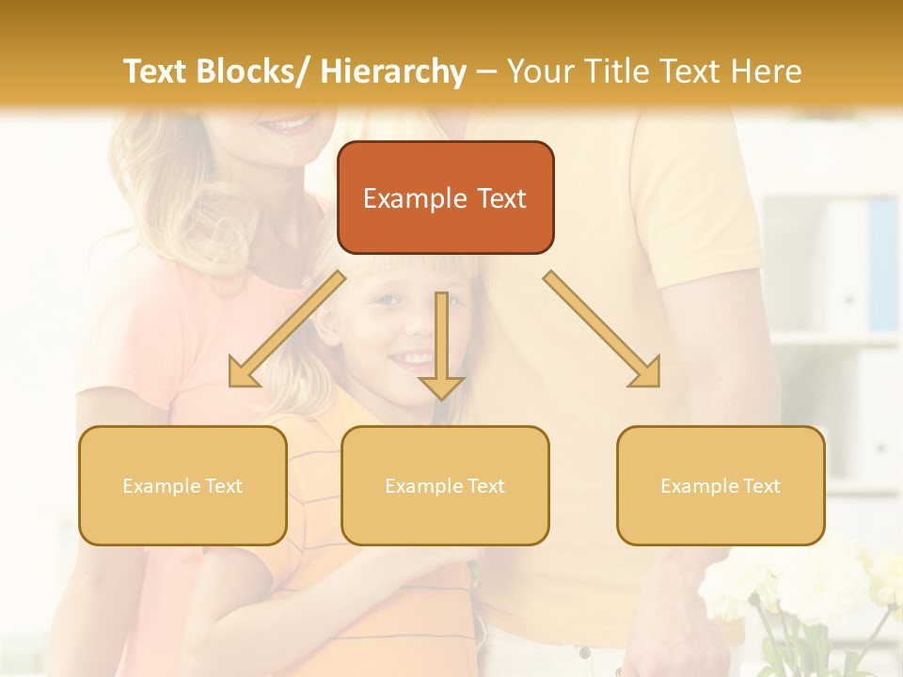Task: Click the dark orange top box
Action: (445, 197)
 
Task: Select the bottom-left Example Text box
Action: (182, 485)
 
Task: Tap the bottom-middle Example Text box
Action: (445, 485)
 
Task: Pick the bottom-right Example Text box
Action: (721, 485)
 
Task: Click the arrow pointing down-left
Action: (286, 330)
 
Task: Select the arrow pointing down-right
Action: (602, 330)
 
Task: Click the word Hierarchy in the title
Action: (393, 71)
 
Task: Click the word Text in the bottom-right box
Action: (760, 486)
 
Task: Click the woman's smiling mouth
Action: (286, 124)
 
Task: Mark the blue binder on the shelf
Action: (883, 263)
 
